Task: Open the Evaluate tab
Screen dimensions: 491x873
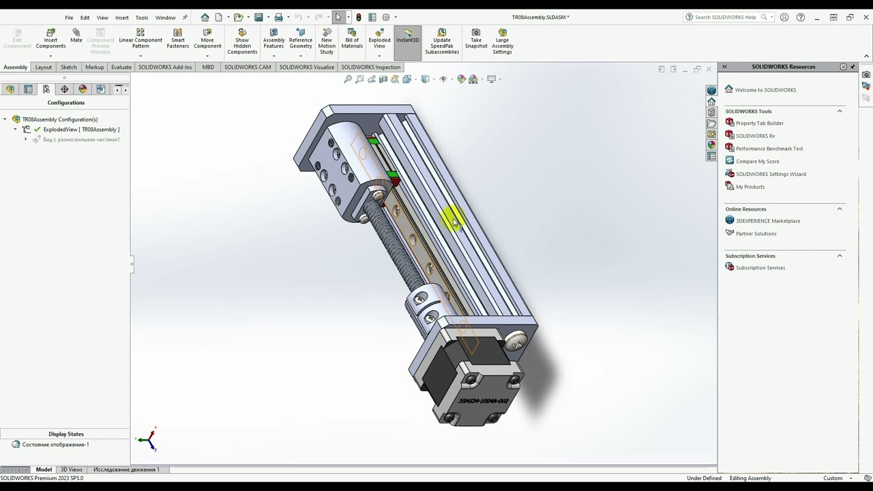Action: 121,68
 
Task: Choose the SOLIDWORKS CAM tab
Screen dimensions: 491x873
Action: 248,68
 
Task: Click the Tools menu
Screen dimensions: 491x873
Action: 142,18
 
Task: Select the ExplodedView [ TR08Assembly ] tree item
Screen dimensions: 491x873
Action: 81,130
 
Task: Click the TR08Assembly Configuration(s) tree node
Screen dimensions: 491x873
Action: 60,119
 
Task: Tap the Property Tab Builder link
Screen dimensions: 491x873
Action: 759,123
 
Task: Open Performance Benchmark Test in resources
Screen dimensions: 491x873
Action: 769,149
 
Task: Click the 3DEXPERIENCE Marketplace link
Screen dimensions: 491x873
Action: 767,221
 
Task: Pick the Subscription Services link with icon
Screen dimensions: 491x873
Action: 760,268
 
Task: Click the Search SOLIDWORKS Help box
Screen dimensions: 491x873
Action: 726,17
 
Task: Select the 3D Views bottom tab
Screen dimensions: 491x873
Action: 72,469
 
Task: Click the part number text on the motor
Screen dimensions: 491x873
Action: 483,402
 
